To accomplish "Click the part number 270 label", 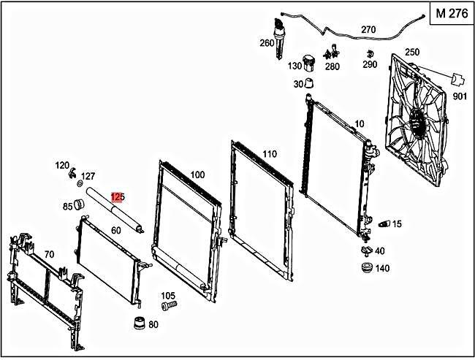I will point(368,30).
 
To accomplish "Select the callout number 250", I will point(411,52).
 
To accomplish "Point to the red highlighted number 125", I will point(118,197).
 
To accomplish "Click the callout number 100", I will point(197,175).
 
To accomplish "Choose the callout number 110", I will point(270,154).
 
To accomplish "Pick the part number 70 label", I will point(50,254).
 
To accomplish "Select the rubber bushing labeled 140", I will point(365,267).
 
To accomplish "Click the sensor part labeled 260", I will point(278,34).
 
